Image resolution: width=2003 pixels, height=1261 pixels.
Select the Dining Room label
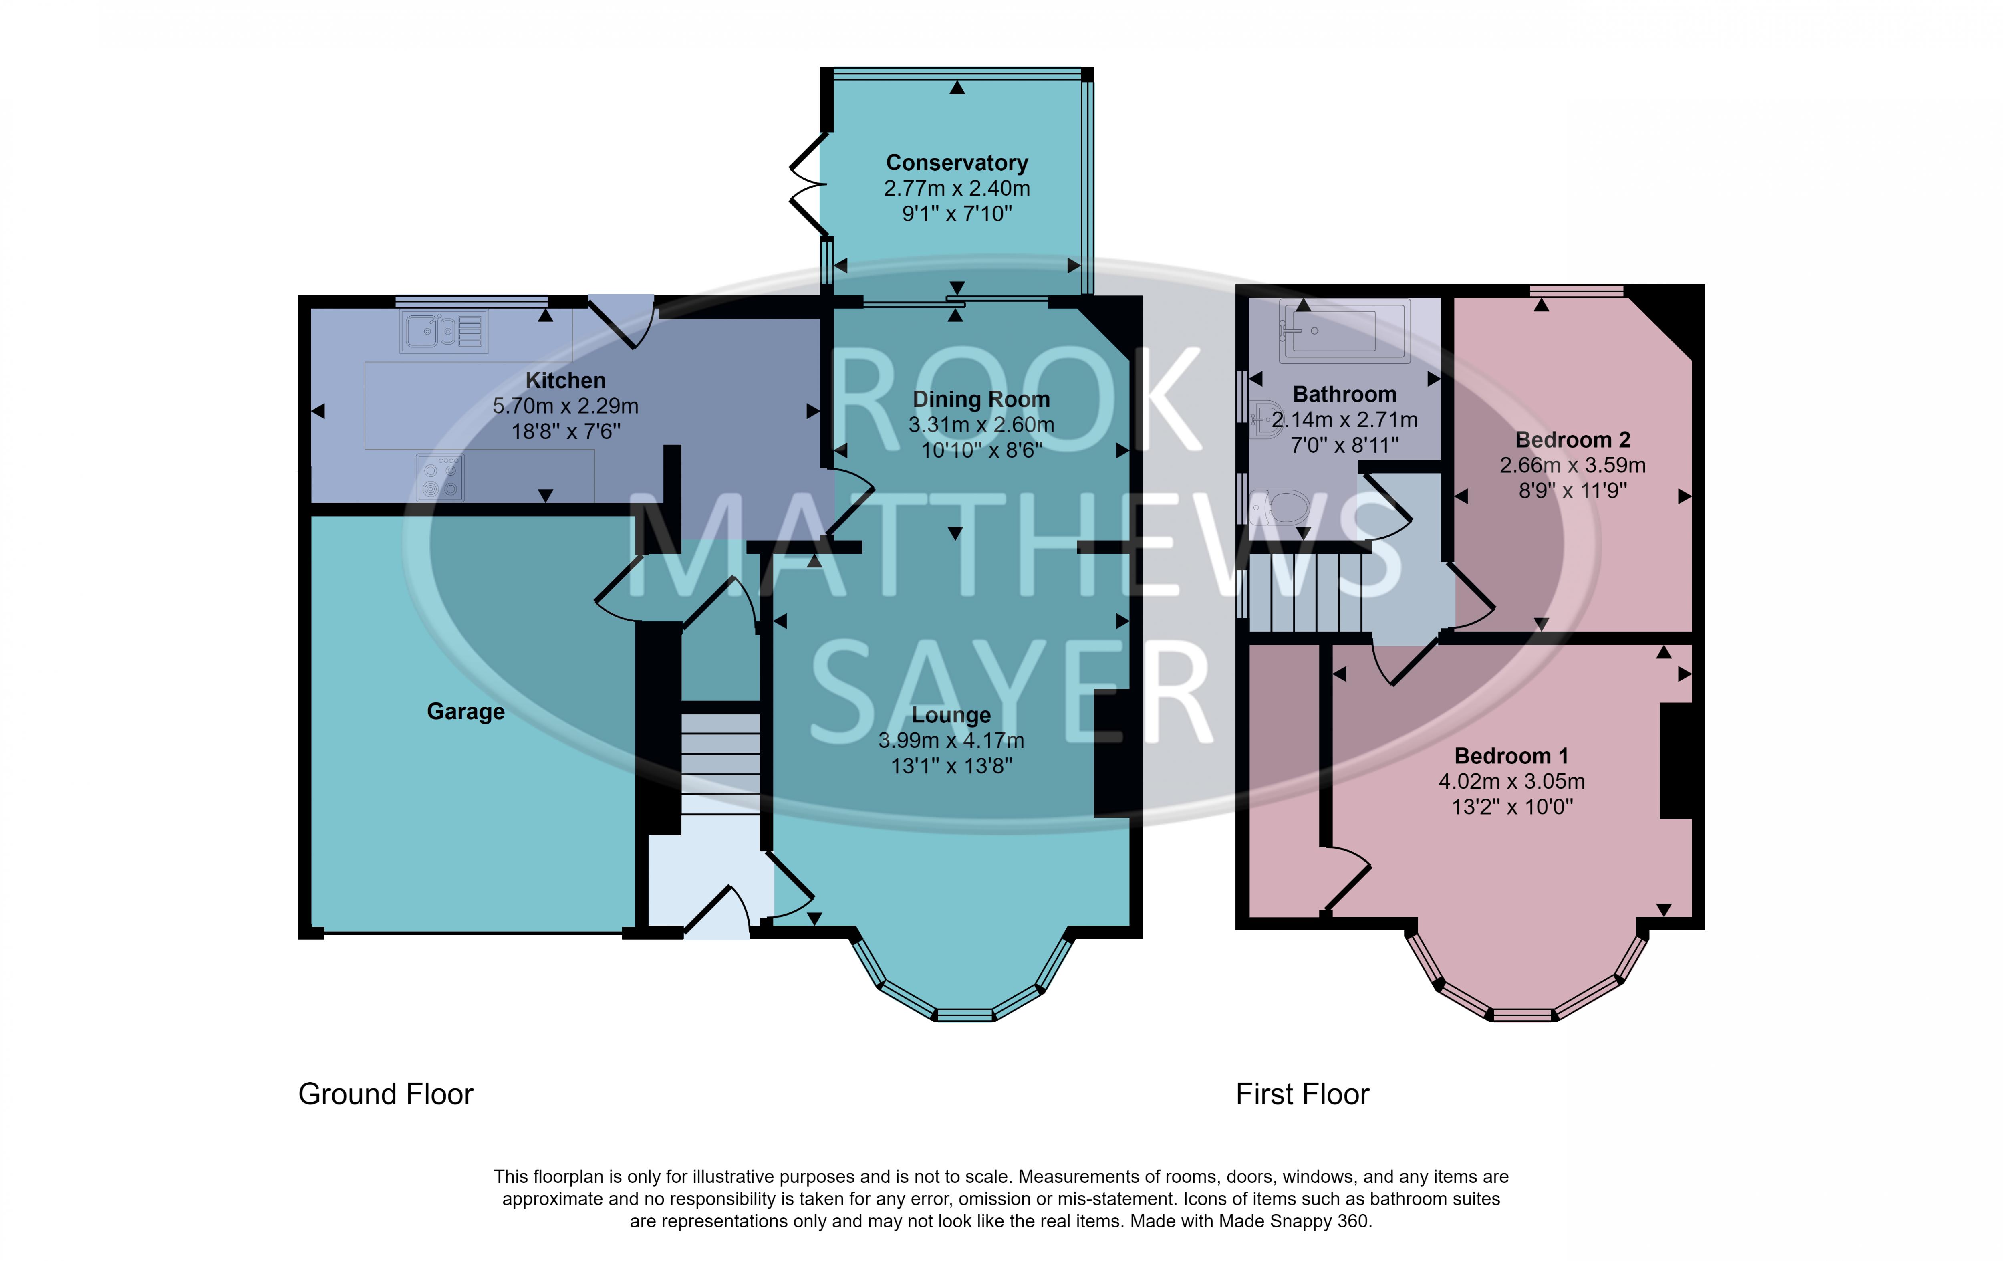pos(981,399)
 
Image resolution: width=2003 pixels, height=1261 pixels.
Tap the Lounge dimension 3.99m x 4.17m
pos(951,740)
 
